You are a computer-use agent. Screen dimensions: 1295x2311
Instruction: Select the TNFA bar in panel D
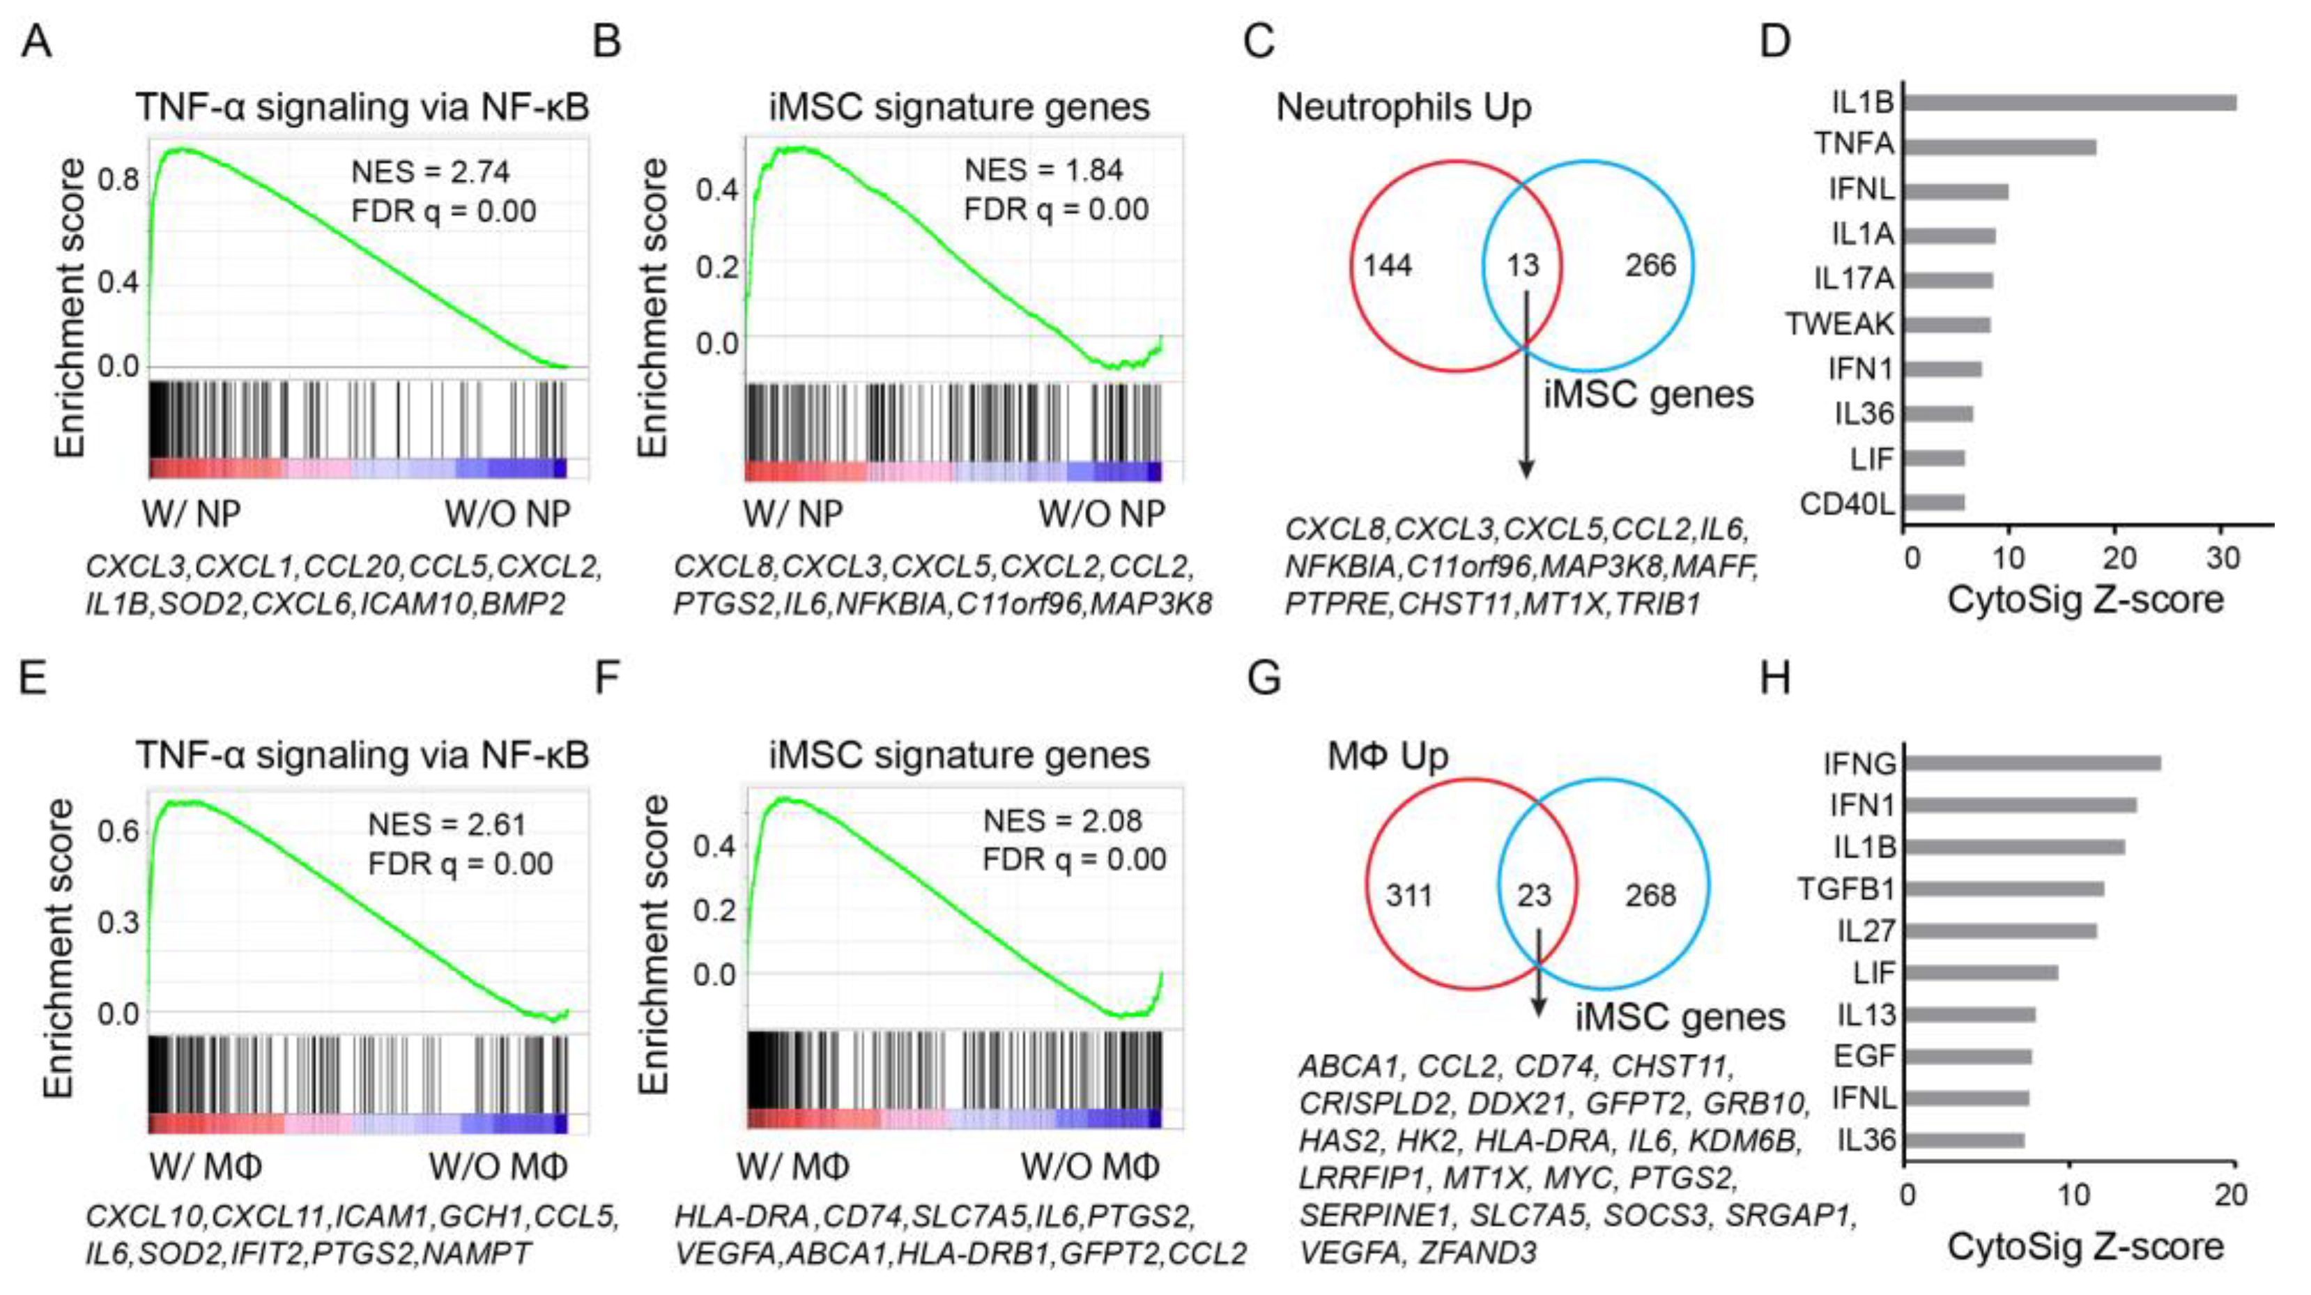click(x=1999, y=146)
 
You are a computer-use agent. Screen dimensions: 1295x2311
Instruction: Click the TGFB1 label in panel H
click(x=1846, y=889)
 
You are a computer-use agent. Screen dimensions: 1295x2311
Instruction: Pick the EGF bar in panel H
click(x=1967, y=1056)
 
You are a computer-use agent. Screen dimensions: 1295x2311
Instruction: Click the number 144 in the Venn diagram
click(x=1387, y=266)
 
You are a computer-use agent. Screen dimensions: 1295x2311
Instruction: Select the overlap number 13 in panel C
click(x=1522, y=266)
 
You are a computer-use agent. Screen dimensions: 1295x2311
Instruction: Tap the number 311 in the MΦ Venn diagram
click(x=1408, y=895)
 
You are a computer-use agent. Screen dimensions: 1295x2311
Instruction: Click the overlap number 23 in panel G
click(x=1533, y=895)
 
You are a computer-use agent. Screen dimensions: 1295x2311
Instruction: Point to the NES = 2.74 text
click(x=430, y=171)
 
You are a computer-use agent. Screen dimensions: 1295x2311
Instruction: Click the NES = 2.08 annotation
click(x=1062, y=820)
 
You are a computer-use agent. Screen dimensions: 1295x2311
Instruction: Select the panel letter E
click(x=33, y=677)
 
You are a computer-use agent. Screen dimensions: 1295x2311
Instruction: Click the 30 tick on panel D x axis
click(x=2223, y=558)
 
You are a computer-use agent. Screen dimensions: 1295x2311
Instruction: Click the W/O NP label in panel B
click(x=1102, y=514)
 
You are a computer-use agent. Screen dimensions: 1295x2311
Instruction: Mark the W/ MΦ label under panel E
click(x=206, y=1166)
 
